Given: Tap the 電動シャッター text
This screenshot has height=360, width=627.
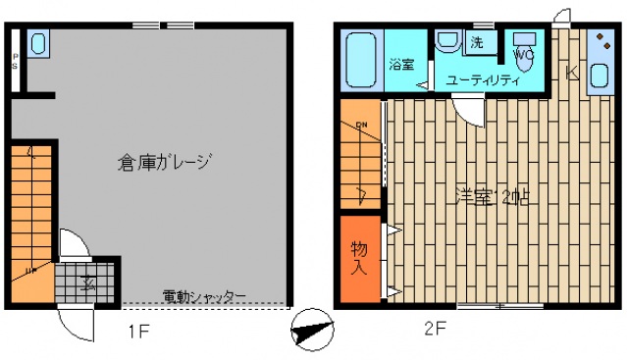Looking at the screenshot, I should point(204,296).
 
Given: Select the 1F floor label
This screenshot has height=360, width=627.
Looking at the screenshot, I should point(138,331).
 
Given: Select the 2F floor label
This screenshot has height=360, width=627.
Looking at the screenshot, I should point(436,330).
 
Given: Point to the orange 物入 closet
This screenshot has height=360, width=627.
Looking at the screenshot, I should point(360,259).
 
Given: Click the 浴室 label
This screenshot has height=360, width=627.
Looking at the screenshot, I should point(400,65).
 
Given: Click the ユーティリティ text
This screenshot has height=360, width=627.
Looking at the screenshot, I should point(481,80).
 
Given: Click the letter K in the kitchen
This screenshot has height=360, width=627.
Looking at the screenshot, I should point(572,71).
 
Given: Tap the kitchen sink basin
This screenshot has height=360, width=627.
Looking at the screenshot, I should point(599,75).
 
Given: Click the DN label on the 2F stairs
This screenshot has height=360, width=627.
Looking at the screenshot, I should point(361,125).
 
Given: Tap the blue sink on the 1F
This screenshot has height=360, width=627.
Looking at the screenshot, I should point(37,43).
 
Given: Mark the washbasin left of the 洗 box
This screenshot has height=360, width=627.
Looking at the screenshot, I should point(448,43).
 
